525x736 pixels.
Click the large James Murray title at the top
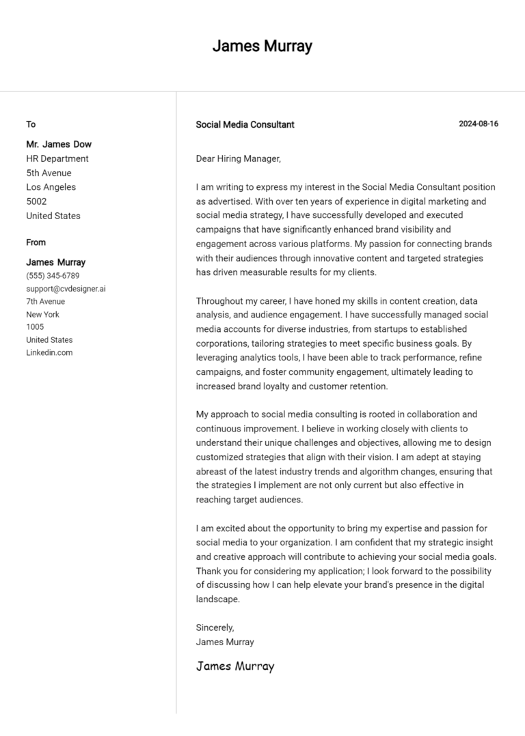(262, 46)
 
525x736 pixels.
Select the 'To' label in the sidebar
(31, 124)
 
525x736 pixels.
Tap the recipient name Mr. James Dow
(59, 144)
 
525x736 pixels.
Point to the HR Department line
(57, 158)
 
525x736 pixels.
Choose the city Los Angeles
(51, 187)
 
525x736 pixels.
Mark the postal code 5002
(36, 201)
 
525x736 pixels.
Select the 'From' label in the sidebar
(36, 242)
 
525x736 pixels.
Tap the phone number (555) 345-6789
(53, 276)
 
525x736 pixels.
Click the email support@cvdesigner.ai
(66, 289)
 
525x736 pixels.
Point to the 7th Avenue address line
(46, 301)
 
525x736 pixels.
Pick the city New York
(42, 314)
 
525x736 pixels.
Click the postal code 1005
(35, 327)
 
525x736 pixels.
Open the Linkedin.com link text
(49, 352)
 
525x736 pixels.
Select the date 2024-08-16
(478, 124)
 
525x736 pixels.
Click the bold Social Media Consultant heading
(245, 125)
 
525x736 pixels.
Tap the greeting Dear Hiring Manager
(238, 159)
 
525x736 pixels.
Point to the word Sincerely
(215, 627)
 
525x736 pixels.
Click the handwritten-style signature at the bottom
(234, 666)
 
